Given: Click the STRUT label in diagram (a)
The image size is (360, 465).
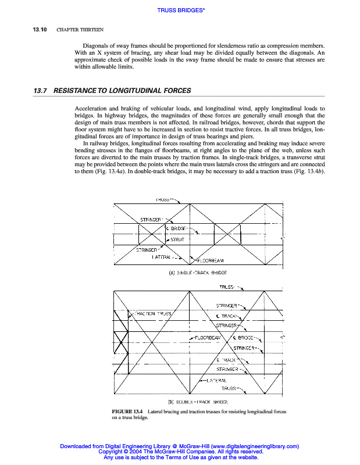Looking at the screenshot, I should (177, 239).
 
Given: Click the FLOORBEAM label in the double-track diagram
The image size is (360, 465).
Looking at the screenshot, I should (207, 337).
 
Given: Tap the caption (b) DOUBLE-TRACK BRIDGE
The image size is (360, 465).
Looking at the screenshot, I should (198, 401).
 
